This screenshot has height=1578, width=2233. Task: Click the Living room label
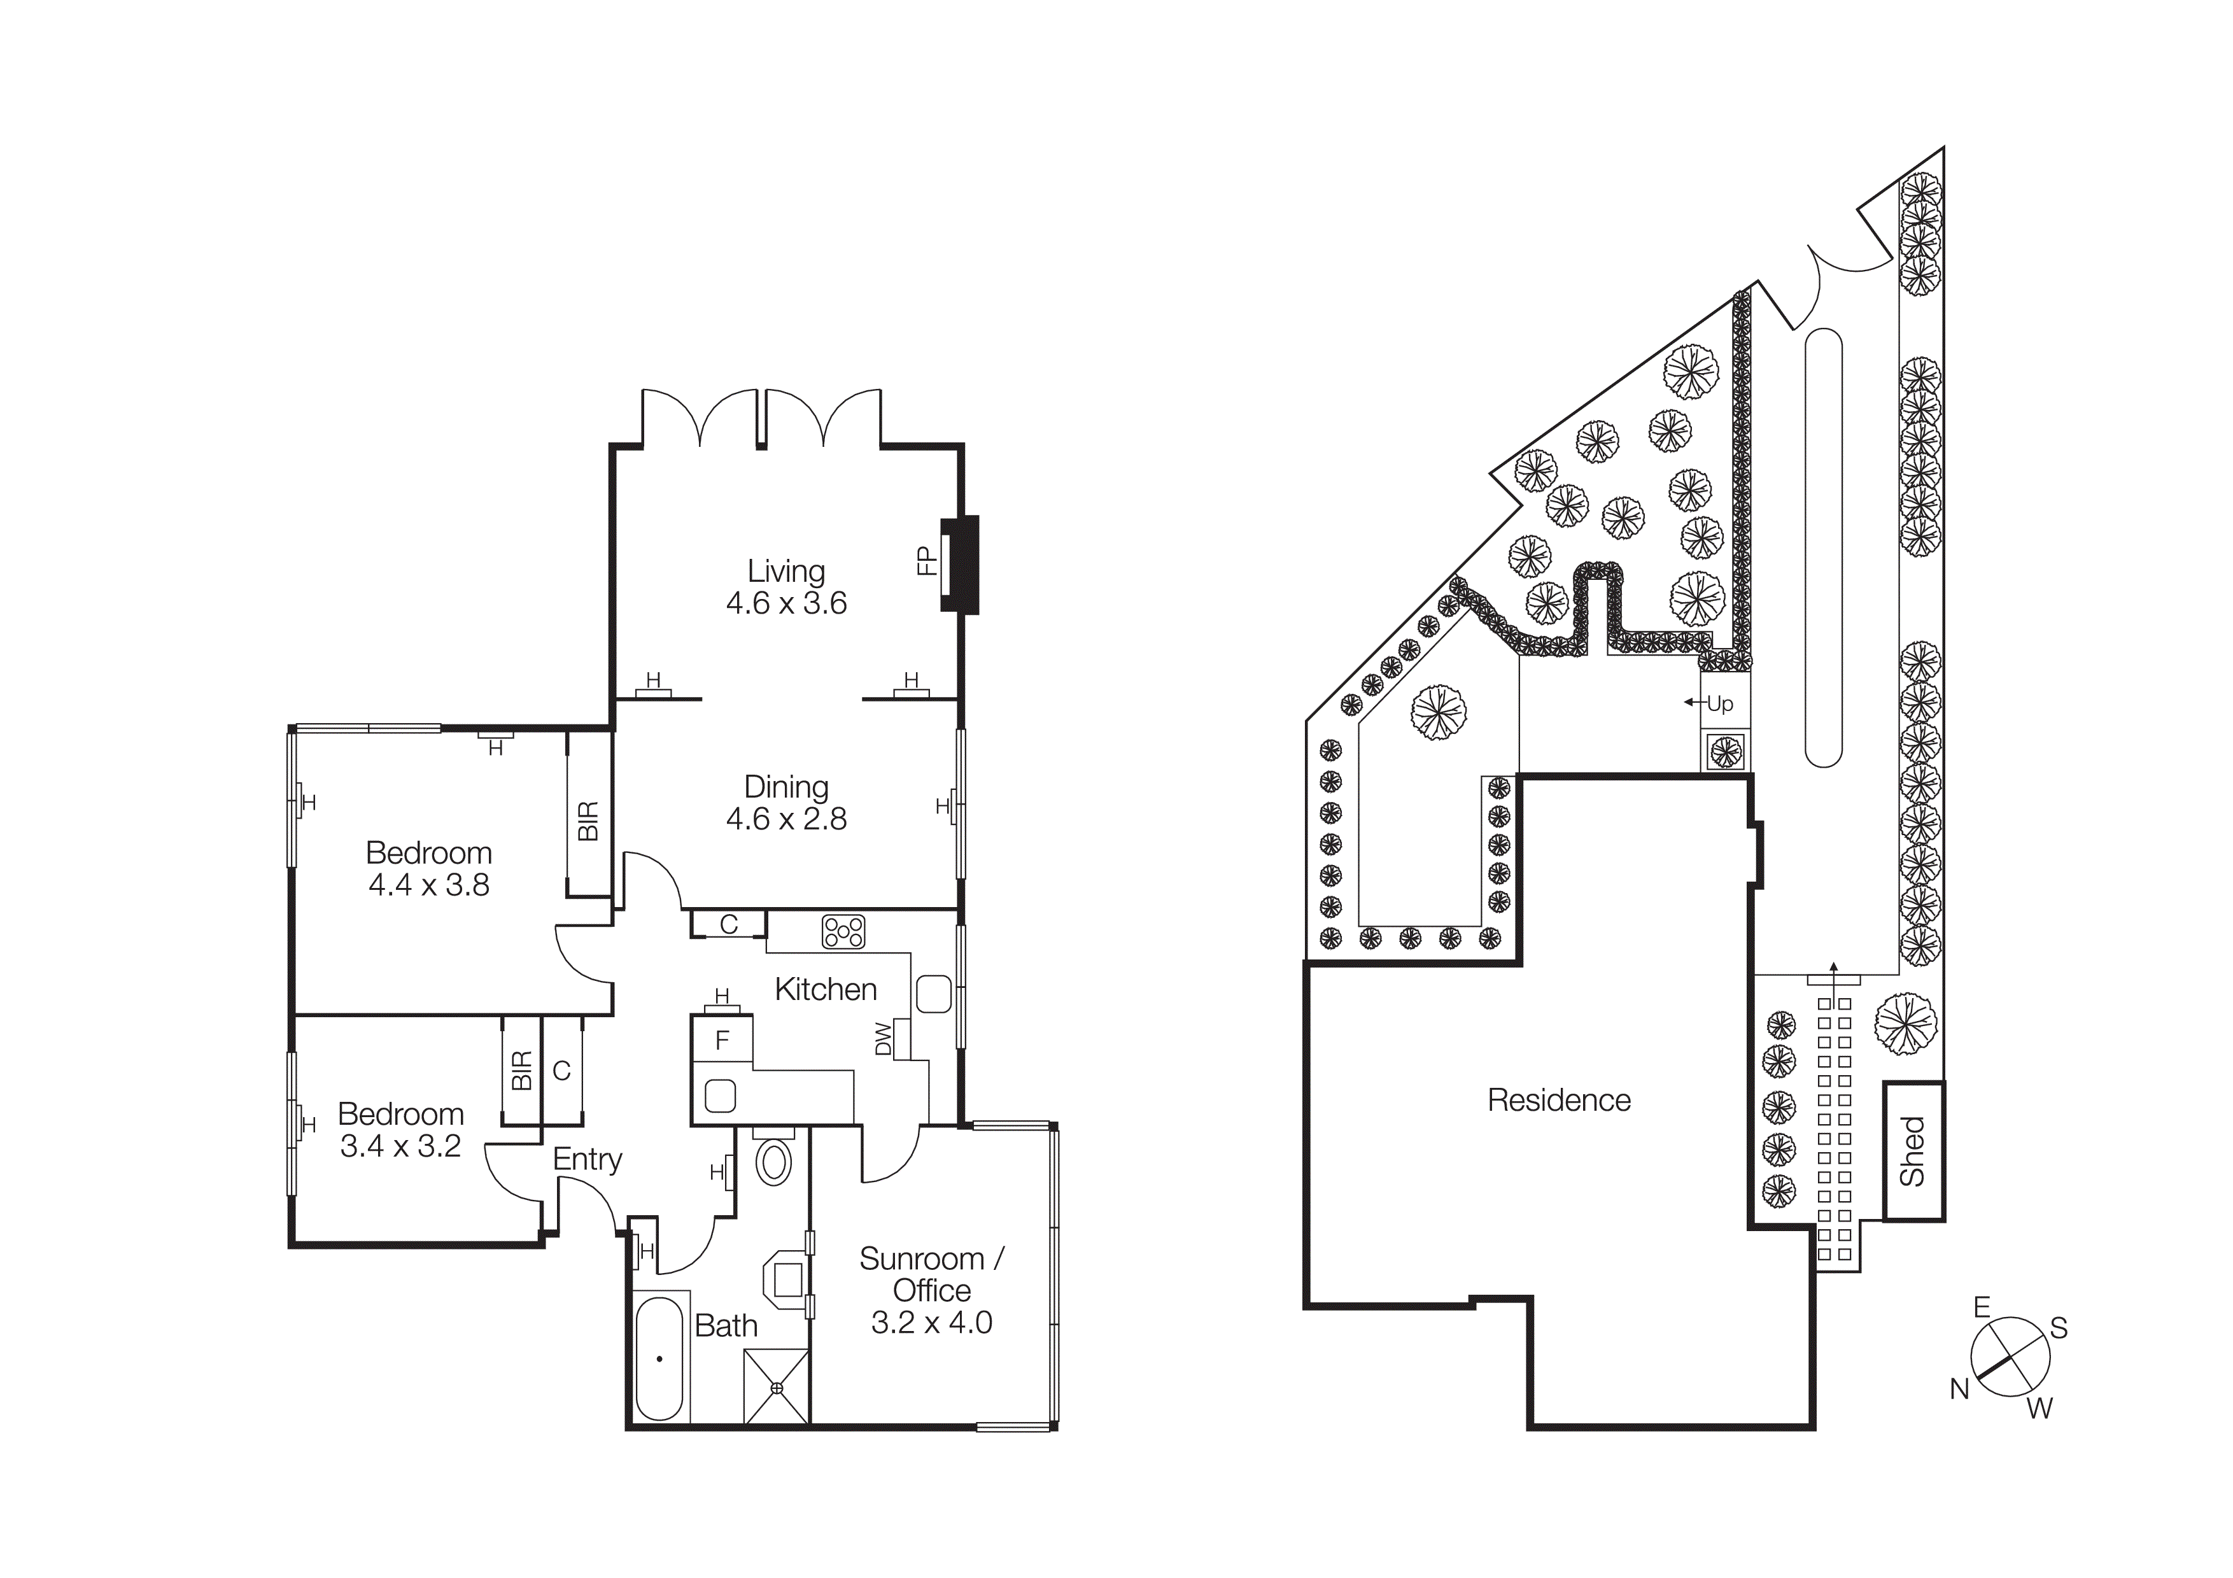click(x=786, y=571)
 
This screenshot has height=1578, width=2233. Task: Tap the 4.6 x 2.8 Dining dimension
click(x=786, y=819)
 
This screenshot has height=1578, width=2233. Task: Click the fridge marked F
click(x=722, y=1040)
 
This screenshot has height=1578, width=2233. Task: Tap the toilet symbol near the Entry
click(x=773, y=1162)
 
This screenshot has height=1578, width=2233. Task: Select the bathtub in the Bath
click(x=659, y=1358)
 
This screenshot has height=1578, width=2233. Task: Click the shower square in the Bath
click(x=776, y=1388)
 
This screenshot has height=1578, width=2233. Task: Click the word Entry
click(x=588, y=1159)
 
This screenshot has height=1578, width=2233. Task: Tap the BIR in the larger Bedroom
click(x=588, y=822)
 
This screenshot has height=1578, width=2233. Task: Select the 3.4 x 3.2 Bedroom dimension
click(x=400, y=1146)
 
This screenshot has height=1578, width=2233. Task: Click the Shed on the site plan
click(x=1912, y=1151)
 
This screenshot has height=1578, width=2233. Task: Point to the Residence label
click(x=1559, y=1100)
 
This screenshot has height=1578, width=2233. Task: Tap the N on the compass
click(x=1959, y=1390)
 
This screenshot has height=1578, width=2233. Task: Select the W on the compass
click(x=2039, y=1408)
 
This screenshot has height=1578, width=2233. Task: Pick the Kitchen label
click(x=826, y=990)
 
